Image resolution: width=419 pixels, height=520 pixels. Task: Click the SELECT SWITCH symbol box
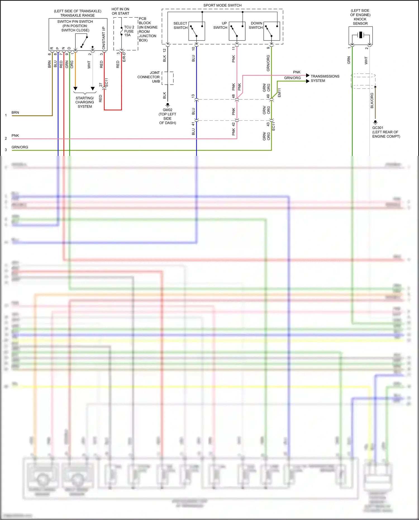197,31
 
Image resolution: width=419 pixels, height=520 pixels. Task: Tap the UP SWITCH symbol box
237,31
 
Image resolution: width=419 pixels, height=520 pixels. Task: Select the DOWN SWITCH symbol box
272,31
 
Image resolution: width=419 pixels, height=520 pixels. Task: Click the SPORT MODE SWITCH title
222,5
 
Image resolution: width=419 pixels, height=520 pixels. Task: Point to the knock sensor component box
360,35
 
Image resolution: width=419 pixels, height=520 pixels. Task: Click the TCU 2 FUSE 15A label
129,31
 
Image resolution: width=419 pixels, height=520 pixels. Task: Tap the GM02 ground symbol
168,105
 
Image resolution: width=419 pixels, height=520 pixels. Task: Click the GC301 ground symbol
375,122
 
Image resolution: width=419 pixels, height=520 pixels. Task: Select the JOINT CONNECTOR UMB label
149,77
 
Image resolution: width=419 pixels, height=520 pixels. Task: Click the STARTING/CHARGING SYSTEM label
85,102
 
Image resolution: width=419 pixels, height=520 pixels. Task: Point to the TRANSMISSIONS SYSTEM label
325,79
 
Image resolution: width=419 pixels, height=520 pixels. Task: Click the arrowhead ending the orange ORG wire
75,89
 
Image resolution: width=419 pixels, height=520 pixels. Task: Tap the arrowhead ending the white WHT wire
93,89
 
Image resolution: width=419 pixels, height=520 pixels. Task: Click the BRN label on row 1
15,113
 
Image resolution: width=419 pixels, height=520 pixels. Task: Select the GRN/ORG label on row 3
20,147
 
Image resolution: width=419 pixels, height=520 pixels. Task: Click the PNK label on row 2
15,136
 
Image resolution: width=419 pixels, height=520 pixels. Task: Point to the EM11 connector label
279,93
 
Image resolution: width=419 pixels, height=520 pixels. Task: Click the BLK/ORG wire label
372,101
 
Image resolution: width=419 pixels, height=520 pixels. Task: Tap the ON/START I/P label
104,38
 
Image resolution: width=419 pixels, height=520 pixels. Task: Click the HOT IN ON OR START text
120,11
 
